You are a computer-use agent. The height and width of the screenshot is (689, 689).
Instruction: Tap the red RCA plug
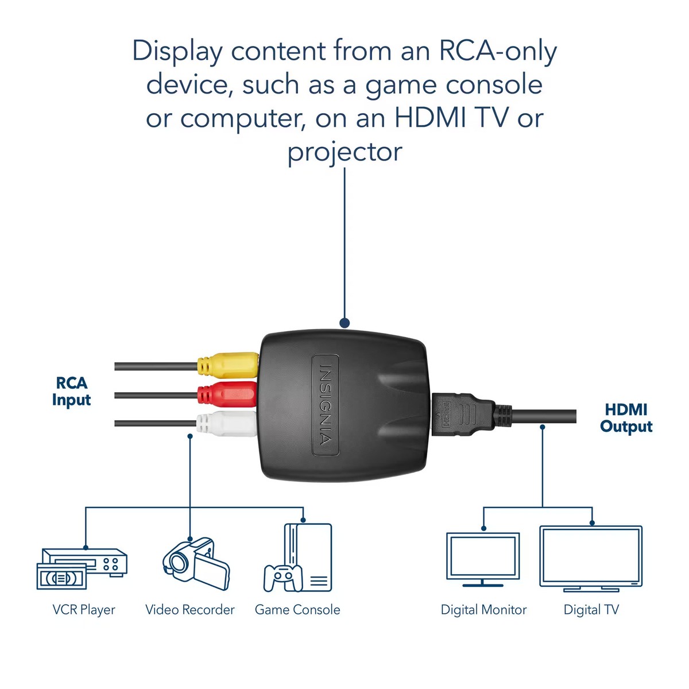click(227, 394)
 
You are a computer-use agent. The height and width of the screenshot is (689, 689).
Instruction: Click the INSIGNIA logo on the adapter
click(325, 405)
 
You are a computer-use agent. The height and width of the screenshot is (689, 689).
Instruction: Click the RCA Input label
click(71, 392)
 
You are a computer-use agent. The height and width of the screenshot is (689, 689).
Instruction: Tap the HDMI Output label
click(626, 418)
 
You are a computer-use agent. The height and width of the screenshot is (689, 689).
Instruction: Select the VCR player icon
click(82, 568)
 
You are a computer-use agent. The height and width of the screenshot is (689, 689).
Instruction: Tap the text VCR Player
click(84, 610)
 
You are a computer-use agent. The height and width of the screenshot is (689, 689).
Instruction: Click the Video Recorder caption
click(190, 610)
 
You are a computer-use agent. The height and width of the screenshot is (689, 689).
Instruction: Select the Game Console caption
click(297, 610)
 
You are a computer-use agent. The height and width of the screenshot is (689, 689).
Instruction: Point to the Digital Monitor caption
click(483, 610)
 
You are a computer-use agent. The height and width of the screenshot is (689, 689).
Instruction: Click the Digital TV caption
click(591, 610)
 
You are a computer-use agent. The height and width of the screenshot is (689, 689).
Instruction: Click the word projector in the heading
click(344, 153)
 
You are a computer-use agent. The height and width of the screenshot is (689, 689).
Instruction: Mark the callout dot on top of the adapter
click(344, 323)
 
